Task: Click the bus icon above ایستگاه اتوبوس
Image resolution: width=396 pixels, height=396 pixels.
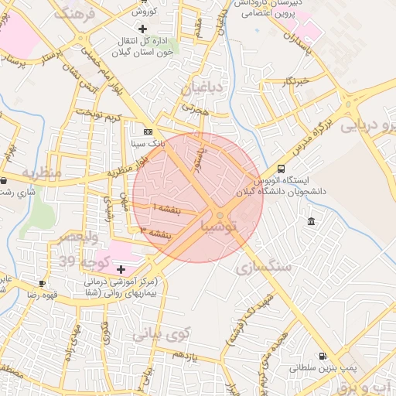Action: click(x=280, y=168)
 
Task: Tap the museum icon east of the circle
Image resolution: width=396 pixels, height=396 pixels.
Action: click(x=311, y=222)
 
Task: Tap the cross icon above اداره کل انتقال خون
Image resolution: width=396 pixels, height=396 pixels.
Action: click(x=142, y=28)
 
